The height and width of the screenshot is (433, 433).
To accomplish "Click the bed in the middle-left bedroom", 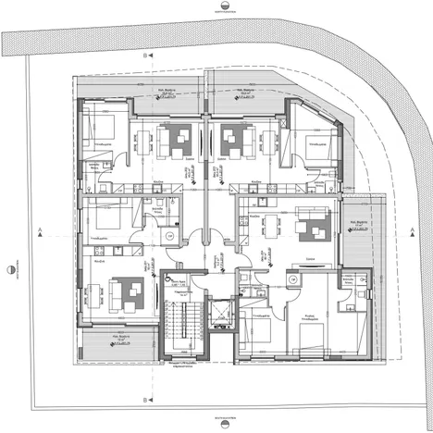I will click(105, 222).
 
